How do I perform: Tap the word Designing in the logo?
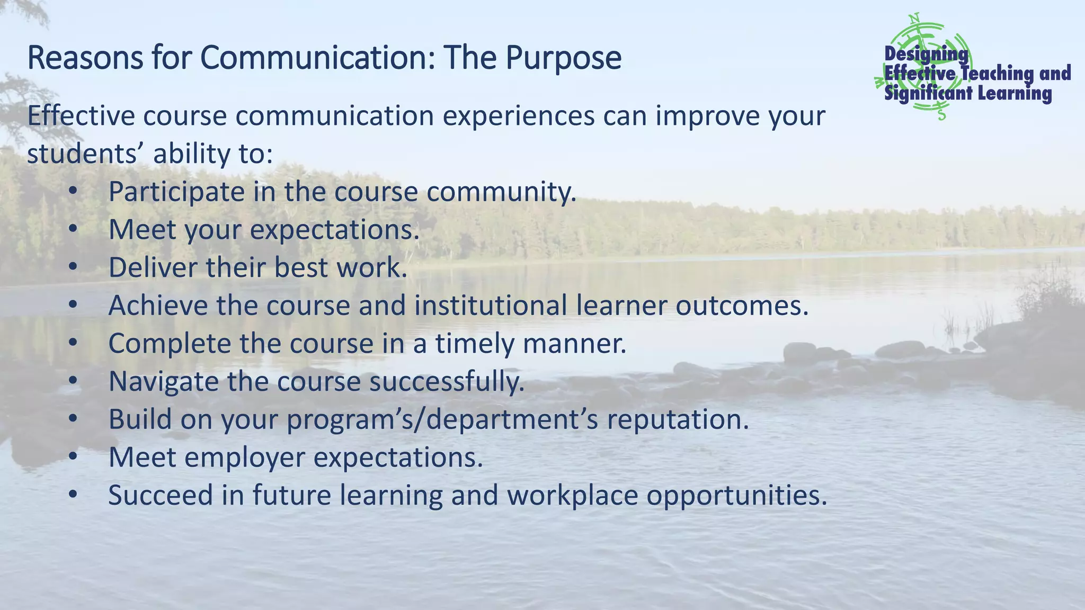(926, 53)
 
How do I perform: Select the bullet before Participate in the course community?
(73, 192)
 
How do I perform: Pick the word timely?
(475, 344)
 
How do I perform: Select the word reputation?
(678, 419)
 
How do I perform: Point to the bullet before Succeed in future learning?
(73, 495)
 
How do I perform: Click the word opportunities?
(736, 496)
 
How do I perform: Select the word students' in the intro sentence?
(85, 154)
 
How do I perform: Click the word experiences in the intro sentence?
(519, 116)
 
